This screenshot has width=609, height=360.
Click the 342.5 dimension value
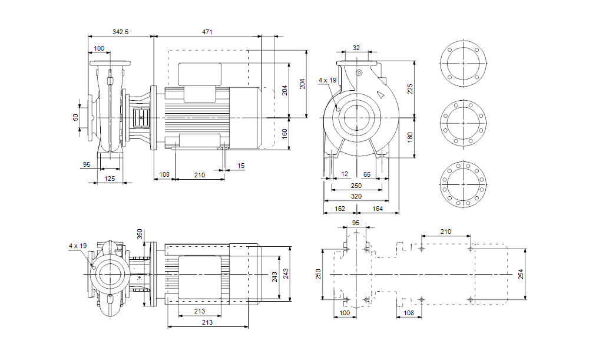[x=120, y=31]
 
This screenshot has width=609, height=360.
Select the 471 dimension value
[x=207, y=31]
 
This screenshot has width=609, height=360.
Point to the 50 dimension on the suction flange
[x=75, y=117]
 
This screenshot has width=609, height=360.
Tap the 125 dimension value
[x=109, y=178]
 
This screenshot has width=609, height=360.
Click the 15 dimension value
[x=240, y=166]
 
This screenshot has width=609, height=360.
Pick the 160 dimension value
[x=284, y=134]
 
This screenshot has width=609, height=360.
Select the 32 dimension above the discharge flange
[x=356, y=48]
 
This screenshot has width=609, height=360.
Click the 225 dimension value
[x=411, y=88]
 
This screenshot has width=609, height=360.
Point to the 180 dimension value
[x=411, y=137]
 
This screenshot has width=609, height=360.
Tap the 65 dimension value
[x=367, y=174]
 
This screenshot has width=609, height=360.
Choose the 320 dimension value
[x=356, y=196]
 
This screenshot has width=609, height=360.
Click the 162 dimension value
[x=340, y=208]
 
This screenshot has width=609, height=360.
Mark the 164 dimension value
[x=377, y=208]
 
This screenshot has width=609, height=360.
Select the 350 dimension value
[x=140, y=233]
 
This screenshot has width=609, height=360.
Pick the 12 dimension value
[x=345, y=174]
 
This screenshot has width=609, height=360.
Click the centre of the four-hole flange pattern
[x=464, y=63]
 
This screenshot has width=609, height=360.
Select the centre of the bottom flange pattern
[x=464, y=184]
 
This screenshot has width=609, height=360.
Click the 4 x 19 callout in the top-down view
[x=78, y=245]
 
